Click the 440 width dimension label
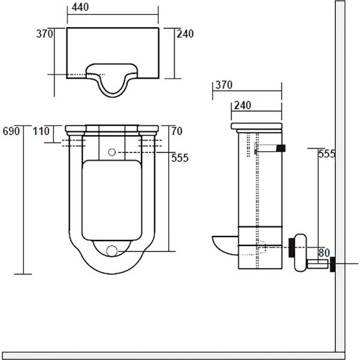pyautogui.click(x=80, y=7)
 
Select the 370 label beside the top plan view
pyautogui.click(x=44, y=34)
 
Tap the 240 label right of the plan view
pyautogui.click(x=185, y=34)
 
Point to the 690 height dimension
pyautogui.click(x=11, y=131)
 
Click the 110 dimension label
pyautogui.click(x=41, y=131)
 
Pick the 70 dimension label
pyautogui.click(x=177, y=131)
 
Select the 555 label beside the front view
pyautogui.click(x=180, y=158)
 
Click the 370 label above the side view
pyautogui.click(x=224, y=85)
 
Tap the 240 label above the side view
pyautogui.click(x=242, y=106)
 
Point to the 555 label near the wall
pyautogui.click(x=326, y=154)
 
